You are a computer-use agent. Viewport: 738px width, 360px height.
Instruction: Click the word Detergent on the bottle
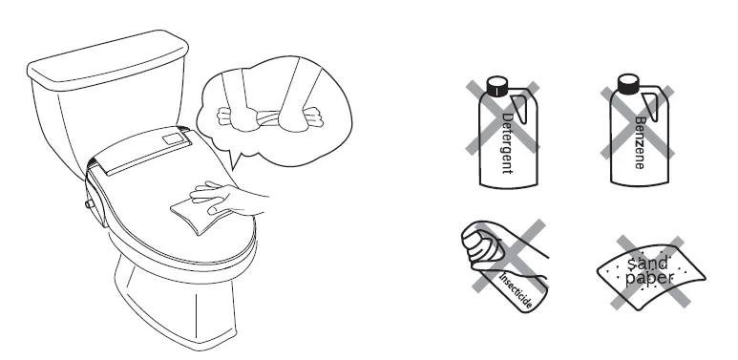pyautogui.click(x=507, y=143)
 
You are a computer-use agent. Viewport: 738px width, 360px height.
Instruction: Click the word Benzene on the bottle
pyautogui.click(x=640, y=142)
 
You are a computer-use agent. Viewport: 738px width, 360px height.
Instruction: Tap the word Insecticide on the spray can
pyautogui.click(x=517, y=290)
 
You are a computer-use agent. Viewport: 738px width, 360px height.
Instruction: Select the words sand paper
pyautogui.click(x=649, y=270)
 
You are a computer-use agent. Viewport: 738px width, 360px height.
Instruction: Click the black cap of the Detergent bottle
pyautogui.click(x=497, y=86)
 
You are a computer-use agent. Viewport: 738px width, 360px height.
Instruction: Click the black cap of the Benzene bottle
pyautogui.click(x=628, y=84)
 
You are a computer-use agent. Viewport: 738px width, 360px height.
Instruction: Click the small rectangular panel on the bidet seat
pyautogui.click(x=174, y=138)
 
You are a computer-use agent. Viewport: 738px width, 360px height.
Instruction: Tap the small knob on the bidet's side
pyautogui.click(x=88, y=203)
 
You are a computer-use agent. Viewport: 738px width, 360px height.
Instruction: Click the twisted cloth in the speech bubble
pyautogui.click(x=269, y=118)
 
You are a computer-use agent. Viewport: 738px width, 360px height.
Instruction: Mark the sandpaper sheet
pyautogui.click(x=651, y=276)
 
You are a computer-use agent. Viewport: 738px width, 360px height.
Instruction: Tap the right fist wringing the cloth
pyautogui.click(x=299, y=117)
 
